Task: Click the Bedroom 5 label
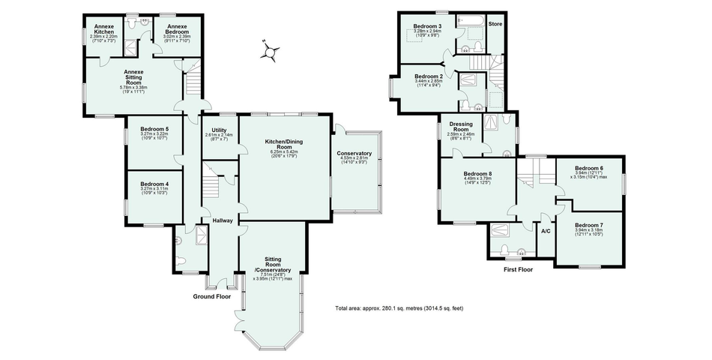154,129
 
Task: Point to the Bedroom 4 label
154,184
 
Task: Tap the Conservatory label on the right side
355,154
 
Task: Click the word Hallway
222,220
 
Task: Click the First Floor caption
518,268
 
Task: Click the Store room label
496,24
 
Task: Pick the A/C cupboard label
546,230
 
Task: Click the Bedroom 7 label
588,225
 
